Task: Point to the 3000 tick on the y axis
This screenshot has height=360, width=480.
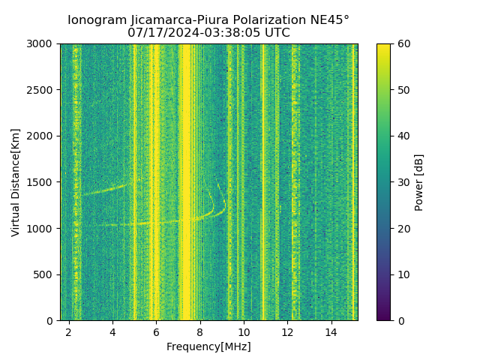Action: pyautogui.click(x=42, y=44)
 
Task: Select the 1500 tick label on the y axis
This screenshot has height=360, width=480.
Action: pyautogui.click(x=42, y=182)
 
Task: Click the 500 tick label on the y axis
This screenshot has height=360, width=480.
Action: pyautogui.click(x=45, y=274)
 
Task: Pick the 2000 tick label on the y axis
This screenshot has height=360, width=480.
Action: pyautogui.click(x=42, y=136)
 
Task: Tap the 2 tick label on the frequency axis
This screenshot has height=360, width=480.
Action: pyautogui.click(x=69, y=332)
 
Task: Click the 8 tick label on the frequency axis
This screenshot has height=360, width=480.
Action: pyautogui.click(x=200, y=332)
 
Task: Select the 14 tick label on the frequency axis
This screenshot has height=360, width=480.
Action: pyautogui.click(x=331, y=332)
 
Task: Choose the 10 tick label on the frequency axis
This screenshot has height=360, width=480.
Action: pyautogui.click(x=244, y=332)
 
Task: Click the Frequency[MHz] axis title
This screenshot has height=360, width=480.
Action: pyautogui.click(x=208, y=346)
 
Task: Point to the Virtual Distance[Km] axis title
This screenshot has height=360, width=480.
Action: pyautogui.click(x=16, y=182)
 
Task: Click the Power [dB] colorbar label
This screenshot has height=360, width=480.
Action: pyautogui.click(x=419, y=182)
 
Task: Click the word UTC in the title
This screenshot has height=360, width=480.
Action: pyautogui.click(x=277, y=33)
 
